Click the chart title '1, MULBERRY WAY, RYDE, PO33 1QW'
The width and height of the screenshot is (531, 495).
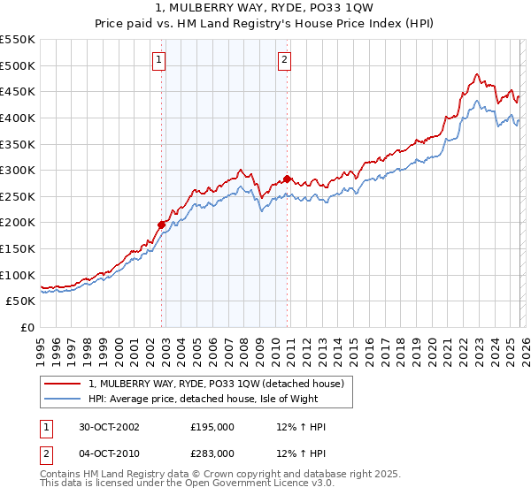[x=265, y=8]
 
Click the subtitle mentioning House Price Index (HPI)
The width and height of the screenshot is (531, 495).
[x=265, y=24]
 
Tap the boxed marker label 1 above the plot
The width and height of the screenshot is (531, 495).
[x=158, y=60]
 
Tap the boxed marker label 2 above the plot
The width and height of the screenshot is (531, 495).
[x=284, y=60]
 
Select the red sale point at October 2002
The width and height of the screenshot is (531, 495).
[x=162, y=225]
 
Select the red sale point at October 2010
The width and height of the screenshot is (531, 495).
[x=288, y=179]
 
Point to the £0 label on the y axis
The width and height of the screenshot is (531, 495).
[x=27, y=328]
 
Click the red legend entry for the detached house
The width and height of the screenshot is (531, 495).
[x=221, y=383]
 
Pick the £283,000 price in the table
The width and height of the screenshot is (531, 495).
[x=212, y=453]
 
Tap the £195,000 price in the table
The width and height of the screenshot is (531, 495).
[x=212, y=427]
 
